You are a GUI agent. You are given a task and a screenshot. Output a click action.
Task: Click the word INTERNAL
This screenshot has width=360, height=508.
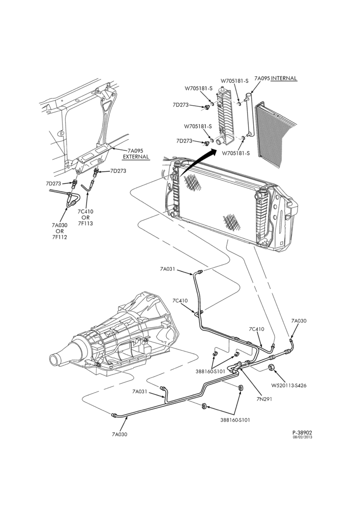pos(284,78)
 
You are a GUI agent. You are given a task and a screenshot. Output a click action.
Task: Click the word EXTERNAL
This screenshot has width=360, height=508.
pos(136,157)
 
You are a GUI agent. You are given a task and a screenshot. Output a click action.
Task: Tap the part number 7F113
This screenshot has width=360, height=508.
pos(85,223)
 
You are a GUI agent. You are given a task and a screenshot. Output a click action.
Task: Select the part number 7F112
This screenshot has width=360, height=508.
pos(59,237)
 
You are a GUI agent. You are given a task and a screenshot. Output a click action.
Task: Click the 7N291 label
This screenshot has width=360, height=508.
pos(264,399)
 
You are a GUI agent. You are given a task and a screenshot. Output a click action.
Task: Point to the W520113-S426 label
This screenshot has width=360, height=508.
pos(289,386)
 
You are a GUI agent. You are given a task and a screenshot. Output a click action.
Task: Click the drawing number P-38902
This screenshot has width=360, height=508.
pos(302,432)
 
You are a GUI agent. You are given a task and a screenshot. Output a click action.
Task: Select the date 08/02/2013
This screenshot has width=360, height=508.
pos(303,437)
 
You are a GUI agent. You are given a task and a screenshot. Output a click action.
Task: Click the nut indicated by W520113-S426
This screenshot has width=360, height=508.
pos(272,367)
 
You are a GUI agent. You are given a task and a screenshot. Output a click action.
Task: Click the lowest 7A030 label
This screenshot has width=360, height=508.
pos(119,434)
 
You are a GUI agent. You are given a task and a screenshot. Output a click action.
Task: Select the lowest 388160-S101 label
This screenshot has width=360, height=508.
pos(235,420)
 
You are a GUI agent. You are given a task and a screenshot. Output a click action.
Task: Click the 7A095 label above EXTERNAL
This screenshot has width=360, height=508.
pos(135,151)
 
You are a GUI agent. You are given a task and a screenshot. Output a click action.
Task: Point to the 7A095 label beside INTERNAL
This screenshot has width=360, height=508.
pos(262,78)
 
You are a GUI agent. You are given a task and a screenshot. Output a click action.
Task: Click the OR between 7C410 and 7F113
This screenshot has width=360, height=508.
pos(85,217)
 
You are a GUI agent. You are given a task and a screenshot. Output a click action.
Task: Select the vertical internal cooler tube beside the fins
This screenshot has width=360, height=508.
pos(249,114)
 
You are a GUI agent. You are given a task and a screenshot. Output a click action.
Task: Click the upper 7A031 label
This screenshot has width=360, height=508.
pos(168,269)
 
